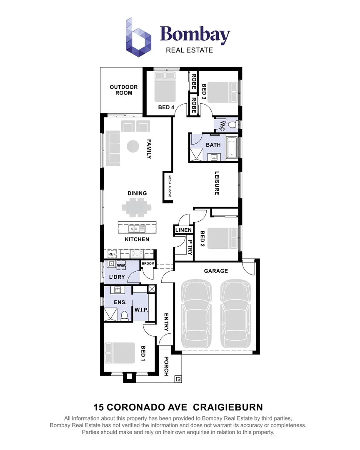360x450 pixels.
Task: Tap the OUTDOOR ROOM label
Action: pyautogui.click(x=124, y=90)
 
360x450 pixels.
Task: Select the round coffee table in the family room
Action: pyautogui.click(x=133, y=146)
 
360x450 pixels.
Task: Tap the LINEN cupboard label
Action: pyautogui.click(x=183, y=230)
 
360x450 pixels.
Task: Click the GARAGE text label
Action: pyautogui.click(x=216, y=271)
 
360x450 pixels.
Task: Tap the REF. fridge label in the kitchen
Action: pyautogui.click(x=112, y=254)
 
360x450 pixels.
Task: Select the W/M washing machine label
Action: pyautogui.click(x=121, y=265)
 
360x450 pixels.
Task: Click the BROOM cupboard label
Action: pyautogui.click(x=148, y=264)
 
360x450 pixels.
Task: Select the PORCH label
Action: pyautogui.click(x=166, y=366)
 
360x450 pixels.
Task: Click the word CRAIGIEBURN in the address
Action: pyautogui.click(x=229, y=407)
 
